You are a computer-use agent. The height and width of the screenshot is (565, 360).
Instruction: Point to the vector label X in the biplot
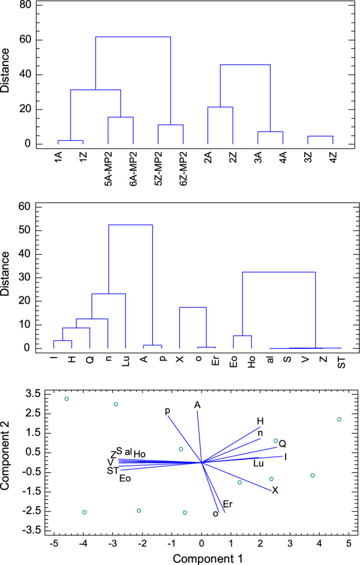pyautogui.click(x=275, y=490)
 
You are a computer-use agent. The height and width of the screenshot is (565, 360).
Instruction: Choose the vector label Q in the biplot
pyautogui.click(x=282, y=443)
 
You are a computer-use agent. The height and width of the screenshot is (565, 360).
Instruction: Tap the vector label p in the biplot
pyautogui.click(x=167, y=411)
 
